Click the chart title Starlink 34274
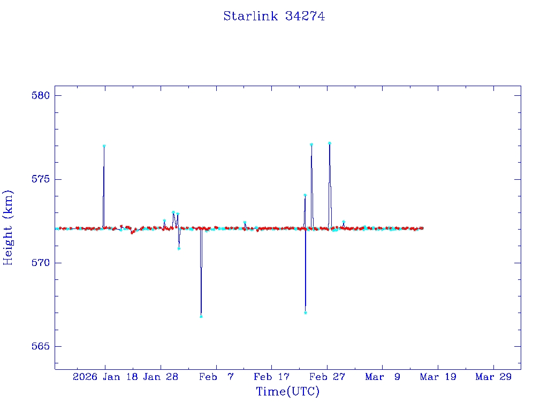[274, 16]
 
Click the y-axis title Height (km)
[8, 227]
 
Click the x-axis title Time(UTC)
[288, 392]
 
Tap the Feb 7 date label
[216, 377]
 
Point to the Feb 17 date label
[272, 377]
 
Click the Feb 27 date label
[328, 377]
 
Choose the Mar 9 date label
[383, 377]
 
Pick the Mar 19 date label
[438, 377]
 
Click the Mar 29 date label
[494, 377]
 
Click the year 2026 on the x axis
[85, 377]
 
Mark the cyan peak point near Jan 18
[104, 146]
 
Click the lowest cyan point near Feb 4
[201, 316]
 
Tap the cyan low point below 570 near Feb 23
[306, 313]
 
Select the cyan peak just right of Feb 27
[330, 143]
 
